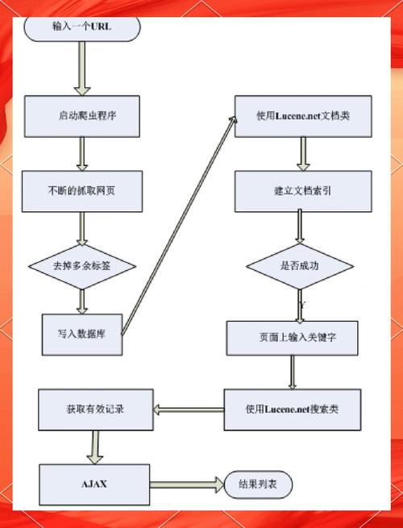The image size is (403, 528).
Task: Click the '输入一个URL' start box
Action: tap(81, 27)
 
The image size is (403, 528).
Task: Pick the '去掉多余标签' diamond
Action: tap(82, 265)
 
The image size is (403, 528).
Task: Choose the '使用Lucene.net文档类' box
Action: tap(302, 115)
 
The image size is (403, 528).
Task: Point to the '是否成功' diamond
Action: tap(300, 265)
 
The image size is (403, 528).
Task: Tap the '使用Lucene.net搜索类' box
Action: tap(292, 410)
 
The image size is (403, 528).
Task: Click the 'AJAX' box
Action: tap(94, 484)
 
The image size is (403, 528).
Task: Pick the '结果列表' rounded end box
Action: tap(258, 485)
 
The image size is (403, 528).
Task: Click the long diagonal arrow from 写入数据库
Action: tap(182, 226)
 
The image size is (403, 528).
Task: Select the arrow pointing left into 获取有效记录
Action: tap(187, 410)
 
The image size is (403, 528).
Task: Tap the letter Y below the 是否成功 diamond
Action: tap(301, 306)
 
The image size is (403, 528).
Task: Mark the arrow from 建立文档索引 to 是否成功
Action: tap(300, 225)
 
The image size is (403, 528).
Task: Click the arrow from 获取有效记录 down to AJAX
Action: tap(95, 446)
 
